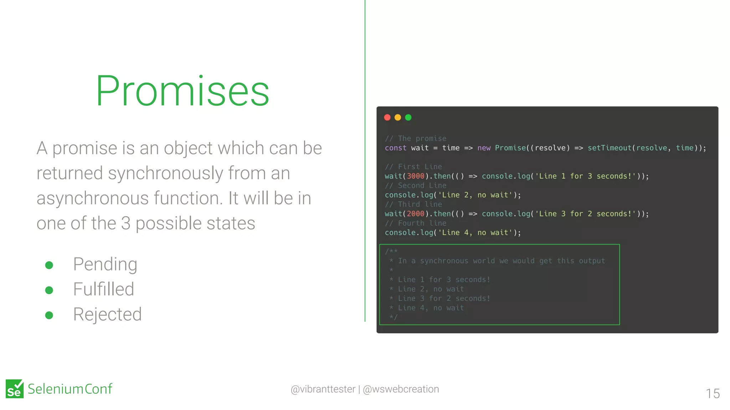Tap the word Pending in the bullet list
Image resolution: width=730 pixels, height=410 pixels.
pyautogui.click(x=105, y=264)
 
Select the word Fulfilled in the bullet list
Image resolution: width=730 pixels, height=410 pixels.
pyautogui.click(x=103, y=289)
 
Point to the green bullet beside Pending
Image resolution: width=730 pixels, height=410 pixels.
pyautogui.click(x=49, y=265)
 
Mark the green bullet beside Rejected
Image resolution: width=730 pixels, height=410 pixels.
pyautogui.click(x=49, y=315)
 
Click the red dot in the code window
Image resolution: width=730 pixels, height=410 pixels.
pyautogui.click(x=387, y=117)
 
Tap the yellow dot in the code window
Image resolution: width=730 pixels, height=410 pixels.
pyautogui.click(x=398, y=117)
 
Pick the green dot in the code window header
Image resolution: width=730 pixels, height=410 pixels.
pyautogui.click(x=408, y=117)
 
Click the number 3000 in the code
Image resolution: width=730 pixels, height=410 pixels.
pyautogui.click(x=416, y=176)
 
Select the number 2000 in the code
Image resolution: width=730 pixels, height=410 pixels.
pyautogui.click(x=416, y=214)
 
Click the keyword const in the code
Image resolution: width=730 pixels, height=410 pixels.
pyautogui.click(x=395, y=148)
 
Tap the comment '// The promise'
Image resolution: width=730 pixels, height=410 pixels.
pyautogui.click(x=416, y=138)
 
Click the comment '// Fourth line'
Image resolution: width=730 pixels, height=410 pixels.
pyautogui.click(x=416, y=223)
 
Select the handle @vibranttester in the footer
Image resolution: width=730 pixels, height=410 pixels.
pyautogui.click(x=323, y=389)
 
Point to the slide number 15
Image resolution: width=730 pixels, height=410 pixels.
pyautogui.click(x=713, y=394)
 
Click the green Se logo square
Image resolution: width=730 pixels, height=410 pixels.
pyautogui.click(x=15, y=389)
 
